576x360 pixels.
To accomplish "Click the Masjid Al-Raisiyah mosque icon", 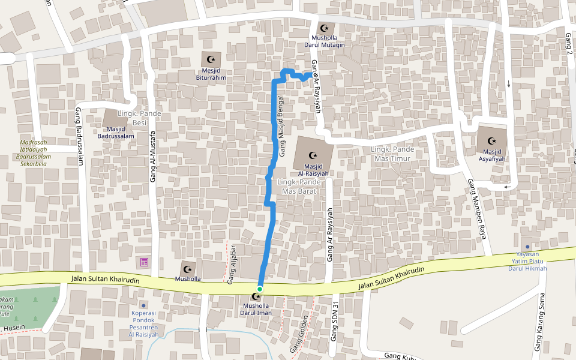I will pos(311,155).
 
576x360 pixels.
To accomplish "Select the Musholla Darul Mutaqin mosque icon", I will pos(325,28).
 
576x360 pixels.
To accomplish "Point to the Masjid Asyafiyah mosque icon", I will pos(491,140).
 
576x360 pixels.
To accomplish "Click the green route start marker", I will pos(260,289).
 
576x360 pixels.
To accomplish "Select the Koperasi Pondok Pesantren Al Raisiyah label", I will pos(143,323).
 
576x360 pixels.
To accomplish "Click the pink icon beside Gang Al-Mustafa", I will pos(144,262).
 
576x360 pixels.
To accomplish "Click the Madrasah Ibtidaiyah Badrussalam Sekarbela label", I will pos(35,152).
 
